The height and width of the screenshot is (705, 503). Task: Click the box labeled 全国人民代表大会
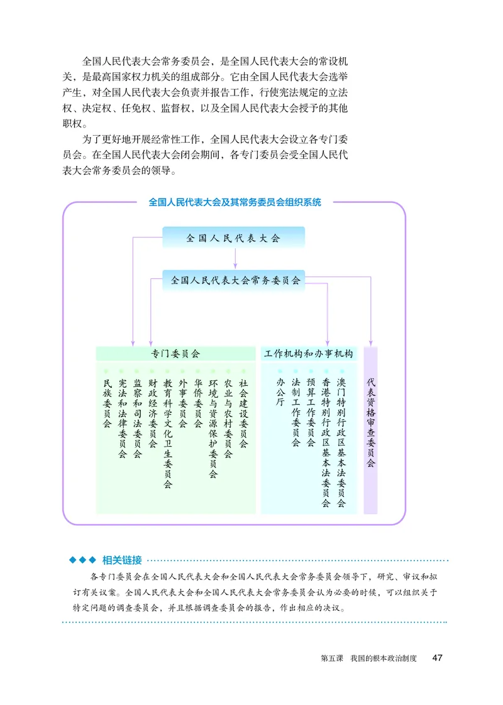pyautogui.click(x=233, y=238)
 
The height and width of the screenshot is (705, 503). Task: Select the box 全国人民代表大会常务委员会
pyautogui.click(x=233, y=280)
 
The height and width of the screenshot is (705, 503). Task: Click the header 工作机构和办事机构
pyautogui.click(x=309, y=354)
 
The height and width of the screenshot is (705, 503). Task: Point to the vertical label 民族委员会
pyautogui.click(x=107, y=403)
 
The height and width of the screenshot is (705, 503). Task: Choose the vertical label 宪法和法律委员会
pyautogui.click(x=122, y=418)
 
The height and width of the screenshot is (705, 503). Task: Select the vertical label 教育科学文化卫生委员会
pyautogui.click(x=168, y=433)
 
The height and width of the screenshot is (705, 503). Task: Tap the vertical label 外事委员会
pyautogui.click(x=183, y=403)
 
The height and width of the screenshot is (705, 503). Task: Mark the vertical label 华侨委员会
pyautogui.click(x=198, y=403)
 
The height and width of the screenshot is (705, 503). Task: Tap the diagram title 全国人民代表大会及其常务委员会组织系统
pyautogui.click(x=235, y=203)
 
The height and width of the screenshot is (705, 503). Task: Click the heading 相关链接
pyautogui.click(x=122, y=560)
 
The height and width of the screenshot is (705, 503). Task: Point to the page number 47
pyautogui.click(x=438, y=658)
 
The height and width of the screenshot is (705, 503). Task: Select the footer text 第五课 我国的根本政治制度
pyautogui.click(x=368, y=659)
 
